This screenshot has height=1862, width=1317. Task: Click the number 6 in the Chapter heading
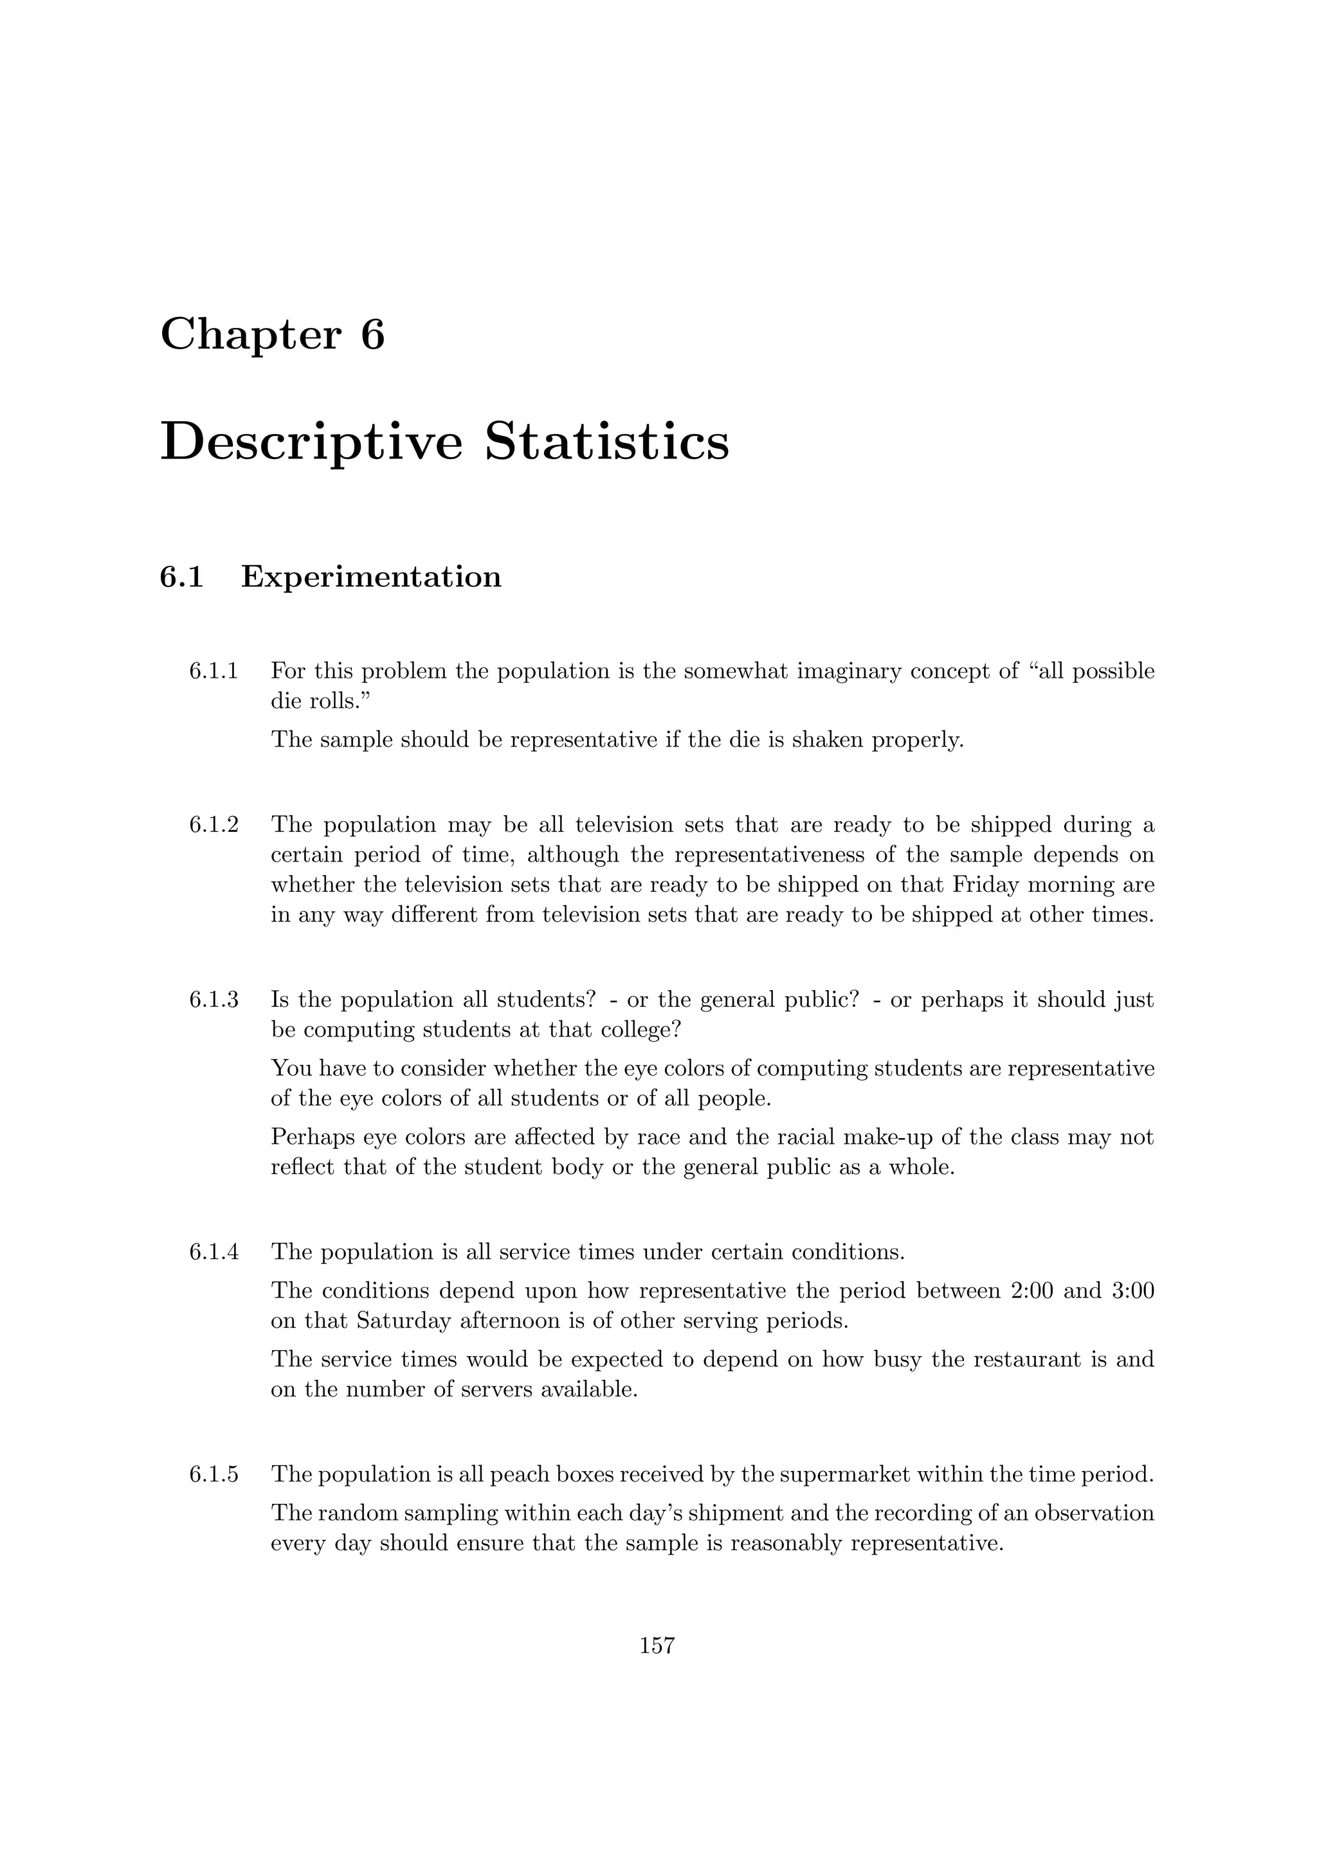tap(372, 334)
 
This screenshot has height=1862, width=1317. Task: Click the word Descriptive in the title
tap(311, 444)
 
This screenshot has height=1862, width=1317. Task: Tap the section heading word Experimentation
tap(372, 577)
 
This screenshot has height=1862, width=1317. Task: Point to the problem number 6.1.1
tap(214, 671)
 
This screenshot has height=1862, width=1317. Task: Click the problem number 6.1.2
tap(214, 825)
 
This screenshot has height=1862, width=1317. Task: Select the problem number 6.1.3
tap(214, 1000)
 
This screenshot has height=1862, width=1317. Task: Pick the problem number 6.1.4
tap(214, 1252)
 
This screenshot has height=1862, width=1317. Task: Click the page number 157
tap(658, 1645)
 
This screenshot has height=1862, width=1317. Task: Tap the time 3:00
tap(1133, 1290)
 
